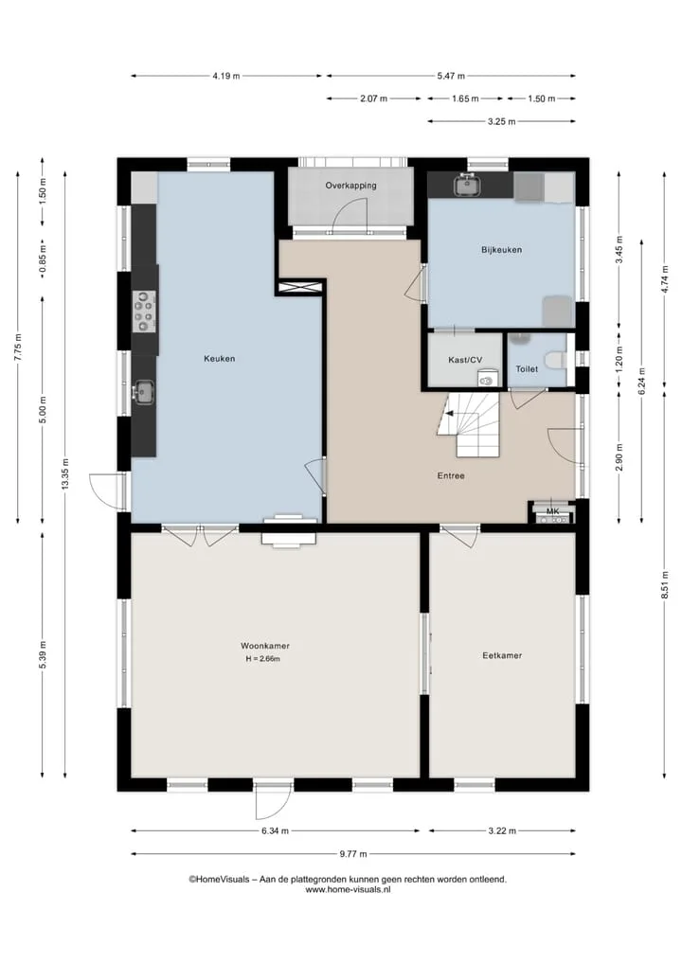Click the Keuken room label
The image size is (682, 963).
tap(220, 359)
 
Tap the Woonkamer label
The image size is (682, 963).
tap(265, 646)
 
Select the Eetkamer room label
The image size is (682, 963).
tap(502, 655)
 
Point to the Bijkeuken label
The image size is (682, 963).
tap(501, 250)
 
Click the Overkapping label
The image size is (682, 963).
tap(350, 186)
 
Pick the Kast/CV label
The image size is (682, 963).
tap(465, 360)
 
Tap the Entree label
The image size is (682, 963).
tap(451, 475)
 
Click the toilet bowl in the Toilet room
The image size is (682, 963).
tap(556, 359)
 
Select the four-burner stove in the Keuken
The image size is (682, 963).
tap(145, 312)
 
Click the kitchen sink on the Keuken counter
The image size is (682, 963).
tap(144, 392)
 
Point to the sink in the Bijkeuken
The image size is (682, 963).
tap(468, 185)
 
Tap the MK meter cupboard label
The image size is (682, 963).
tap(552, 511)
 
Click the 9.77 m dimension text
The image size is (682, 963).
tap(353, 854)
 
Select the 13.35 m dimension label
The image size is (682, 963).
tap(64, 474)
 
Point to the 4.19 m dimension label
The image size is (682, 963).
tap(226, 76)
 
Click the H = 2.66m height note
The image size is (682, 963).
tap(263, 659)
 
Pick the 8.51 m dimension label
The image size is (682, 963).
tap(664, 584)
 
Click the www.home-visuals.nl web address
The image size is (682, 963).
tap(348, 889)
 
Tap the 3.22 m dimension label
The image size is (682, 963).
tap(502, 831)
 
